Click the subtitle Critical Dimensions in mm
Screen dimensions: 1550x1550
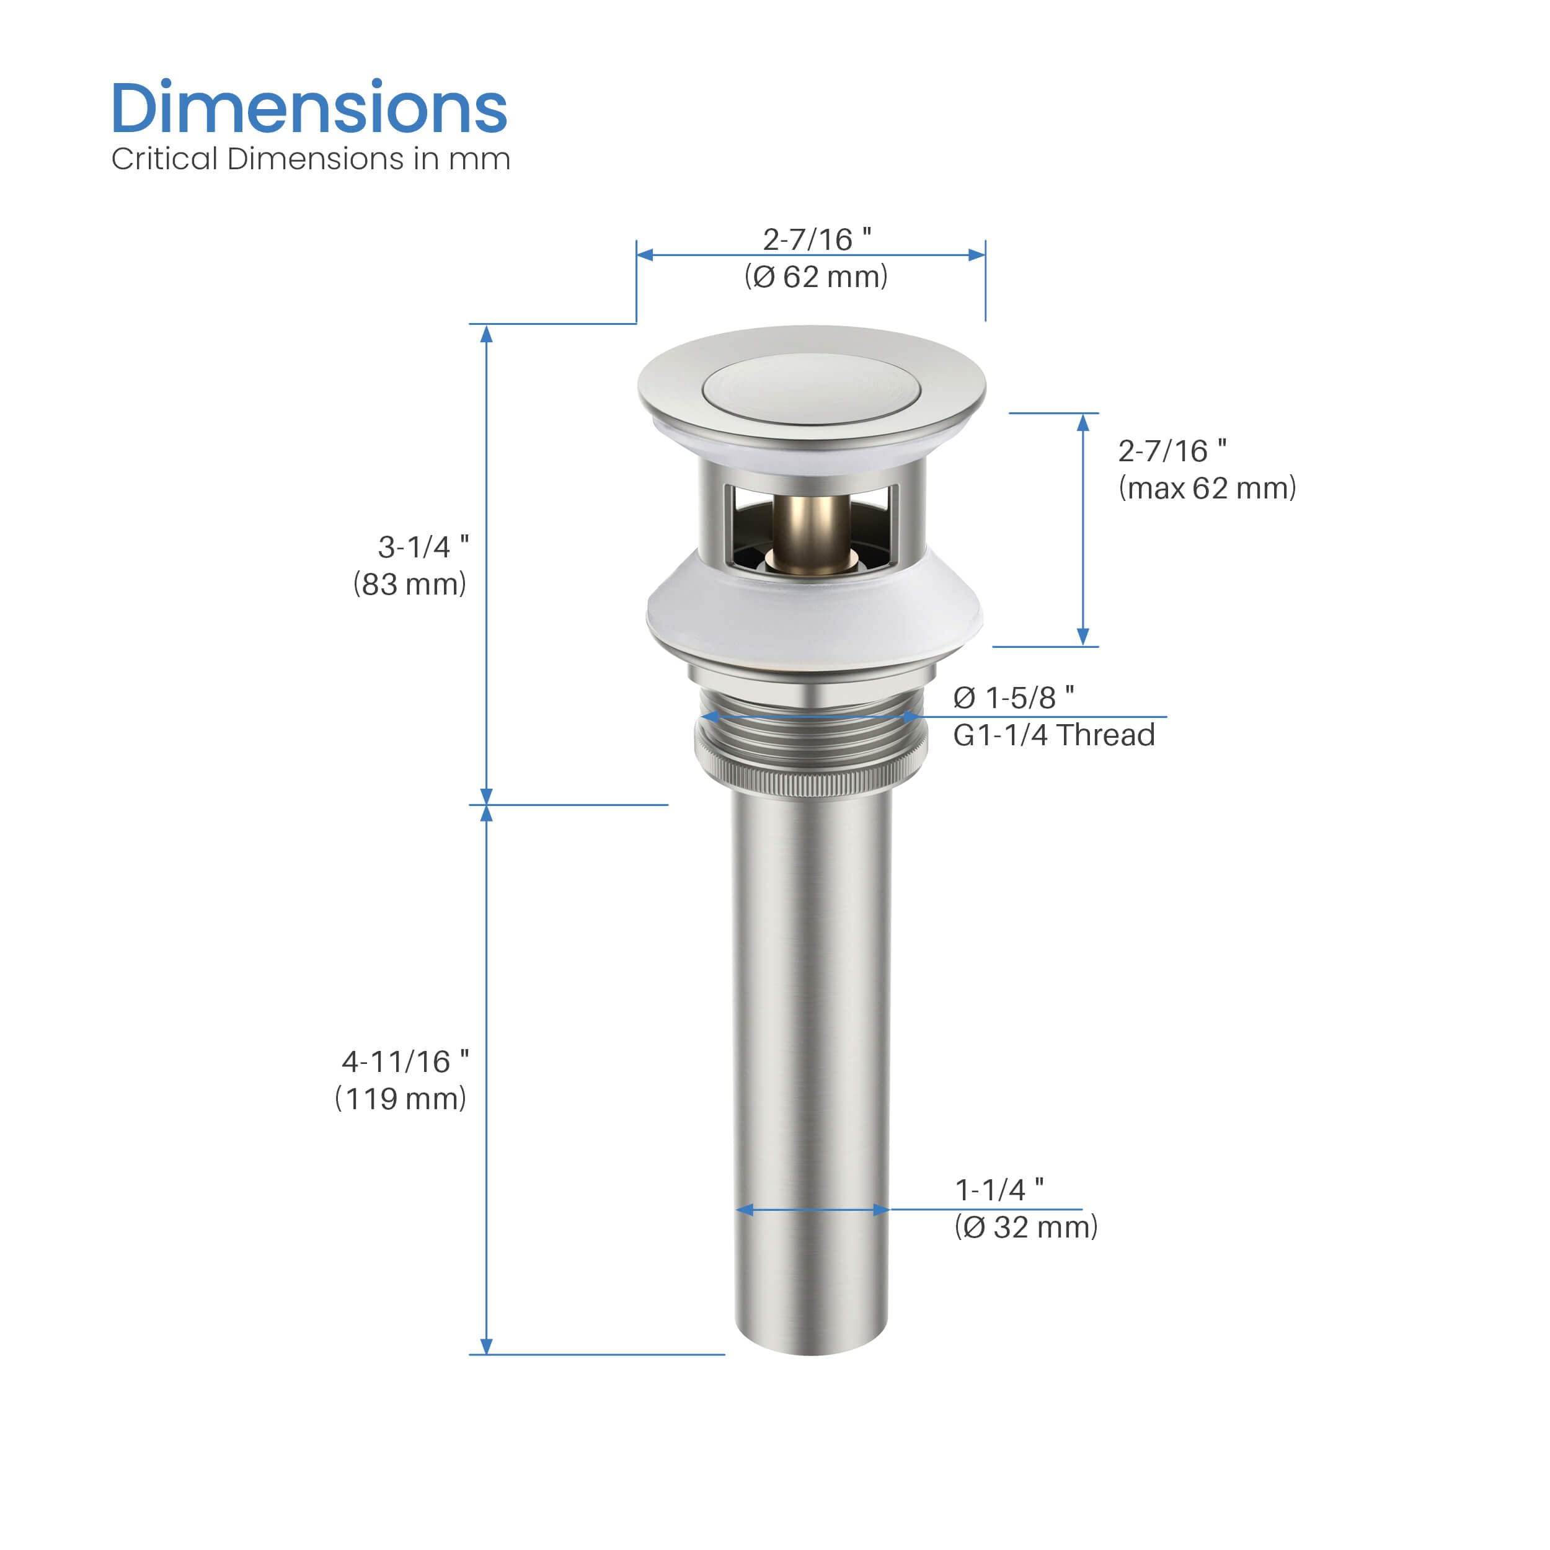click(311, 159)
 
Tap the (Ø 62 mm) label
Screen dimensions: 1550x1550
click(816, 276)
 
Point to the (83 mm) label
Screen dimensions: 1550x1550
click(409, 583)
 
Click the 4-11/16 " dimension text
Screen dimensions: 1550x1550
click(405, 1061)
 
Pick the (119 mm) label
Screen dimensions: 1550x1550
click(401, 1097)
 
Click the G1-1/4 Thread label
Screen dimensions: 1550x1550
click(1053, 734)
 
